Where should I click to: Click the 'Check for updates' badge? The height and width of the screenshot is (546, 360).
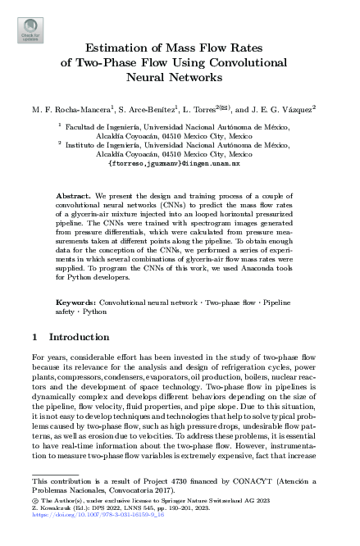(27, 33)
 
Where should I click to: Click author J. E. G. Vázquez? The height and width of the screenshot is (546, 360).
(293, 109)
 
